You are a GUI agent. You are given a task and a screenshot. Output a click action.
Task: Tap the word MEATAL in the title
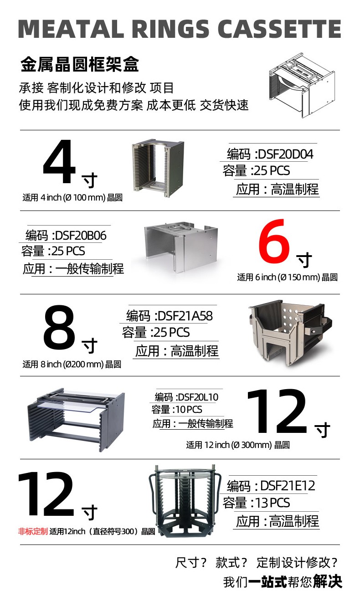pos(71,29)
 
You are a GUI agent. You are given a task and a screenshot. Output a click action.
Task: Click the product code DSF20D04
pos(286,154)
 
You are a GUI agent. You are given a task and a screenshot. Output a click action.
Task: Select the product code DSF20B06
pos(81,236)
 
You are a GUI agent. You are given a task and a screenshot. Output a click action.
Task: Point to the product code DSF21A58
pos(185,316)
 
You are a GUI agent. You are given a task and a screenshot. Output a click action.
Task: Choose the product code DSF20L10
pos(198,397)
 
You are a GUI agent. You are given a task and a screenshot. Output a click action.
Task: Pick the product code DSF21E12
pos(288,486)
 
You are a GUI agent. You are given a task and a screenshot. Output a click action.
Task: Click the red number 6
pos(274,241)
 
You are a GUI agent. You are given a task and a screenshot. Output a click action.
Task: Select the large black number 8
pos(59,327)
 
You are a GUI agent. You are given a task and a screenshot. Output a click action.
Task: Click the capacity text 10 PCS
pos(189,410)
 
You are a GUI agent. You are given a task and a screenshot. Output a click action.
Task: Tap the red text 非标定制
pos(33,531)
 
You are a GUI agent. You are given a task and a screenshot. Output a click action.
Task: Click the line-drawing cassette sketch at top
pos(301,85)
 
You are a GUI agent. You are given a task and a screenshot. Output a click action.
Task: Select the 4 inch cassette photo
pos(158,168)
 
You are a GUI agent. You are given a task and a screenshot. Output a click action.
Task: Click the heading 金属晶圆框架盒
pos(80,64)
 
